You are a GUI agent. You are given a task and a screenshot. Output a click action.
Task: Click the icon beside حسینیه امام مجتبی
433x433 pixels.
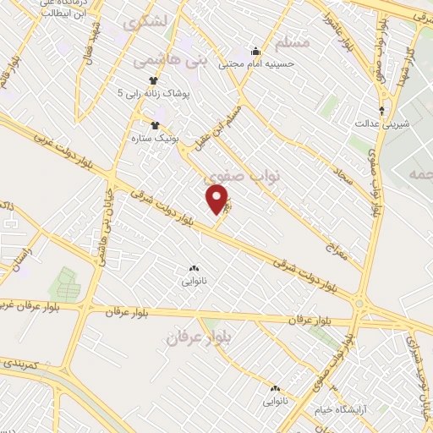tap(255, 51)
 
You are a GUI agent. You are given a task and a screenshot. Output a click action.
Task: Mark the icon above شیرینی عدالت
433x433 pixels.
tap(382, 110)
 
